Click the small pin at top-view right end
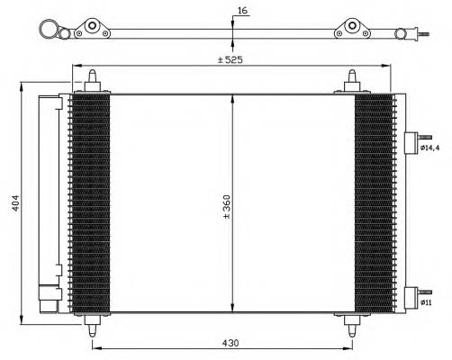pos(420,36)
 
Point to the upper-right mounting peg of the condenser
pos(351,80)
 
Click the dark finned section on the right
pos(374,202)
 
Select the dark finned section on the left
pos(90,202)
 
